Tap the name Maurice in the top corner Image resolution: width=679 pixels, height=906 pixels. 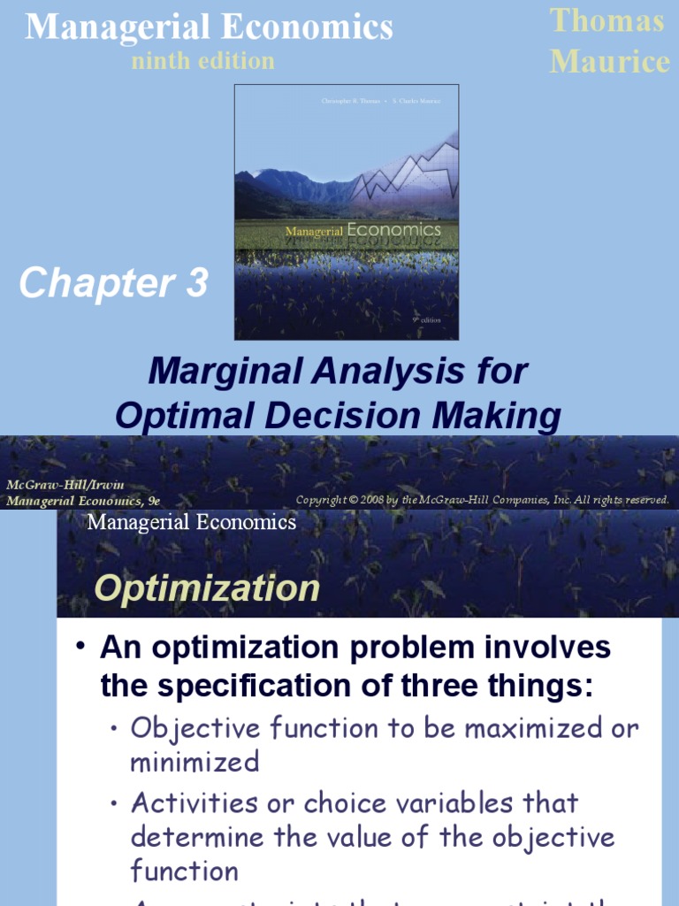tap(609, 62)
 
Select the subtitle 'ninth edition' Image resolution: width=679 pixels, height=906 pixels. tap(202, 61)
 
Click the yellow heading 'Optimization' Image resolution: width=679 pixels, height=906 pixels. tap(207, 588)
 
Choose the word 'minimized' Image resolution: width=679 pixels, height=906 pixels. tap(195, 761)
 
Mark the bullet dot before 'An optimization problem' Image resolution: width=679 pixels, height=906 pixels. tap(80, 649)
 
